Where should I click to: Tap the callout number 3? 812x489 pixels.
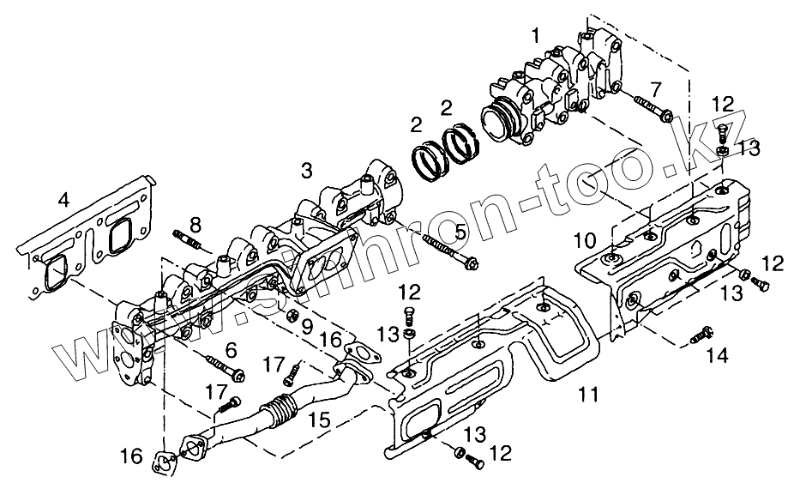pos(306,171)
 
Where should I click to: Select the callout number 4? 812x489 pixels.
pos(63,201)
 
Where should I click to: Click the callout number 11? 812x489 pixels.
pos(587,395)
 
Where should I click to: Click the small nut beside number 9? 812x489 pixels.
pos(290,315)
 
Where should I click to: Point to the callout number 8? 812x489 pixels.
pos(195,226)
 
